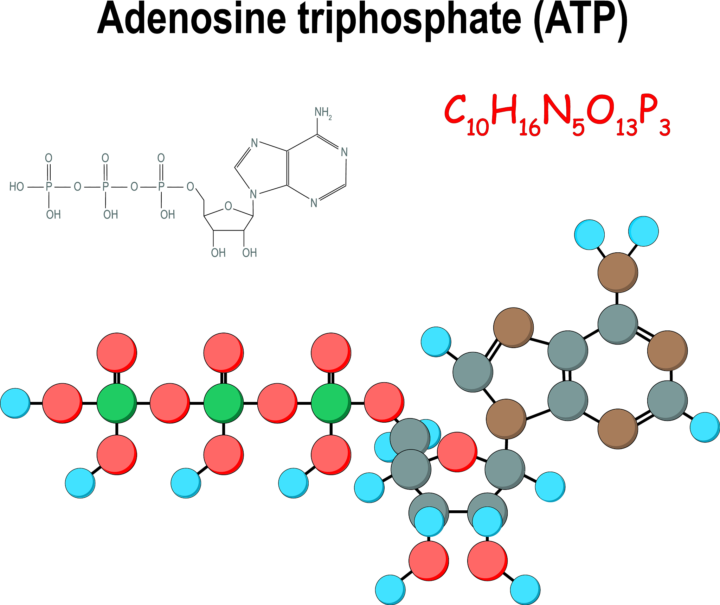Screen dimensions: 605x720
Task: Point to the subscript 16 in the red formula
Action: coord(529,127)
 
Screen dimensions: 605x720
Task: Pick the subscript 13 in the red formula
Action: coord(626,127)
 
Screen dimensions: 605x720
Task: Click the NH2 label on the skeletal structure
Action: coord(323,113)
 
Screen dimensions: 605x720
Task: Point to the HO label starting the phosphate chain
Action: coord(17,187)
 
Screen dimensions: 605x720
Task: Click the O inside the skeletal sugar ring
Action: coord(228,206)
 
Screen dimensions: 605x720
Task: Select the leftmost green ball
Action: coord(117,403)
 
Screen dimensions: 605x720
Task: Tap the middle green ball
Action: coord(224,403)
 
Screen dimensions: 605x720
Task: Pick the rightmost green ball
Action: coord(331,403)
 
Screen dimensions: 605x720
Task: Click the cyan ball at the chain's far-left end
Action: coord(15,403)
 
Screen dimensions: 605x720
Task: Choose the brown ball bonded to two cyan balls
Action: coord(618,272)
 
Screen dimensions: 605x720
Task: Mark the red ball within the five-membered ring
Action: coord(457,452)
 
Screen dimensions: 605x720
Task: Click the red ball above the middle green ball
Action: coord(224,352)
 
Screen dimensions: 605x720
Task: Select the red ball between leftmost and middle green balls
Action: coord(170,403)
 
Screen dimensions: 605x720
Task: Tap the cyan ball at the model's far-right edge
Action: coord(705,427)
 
